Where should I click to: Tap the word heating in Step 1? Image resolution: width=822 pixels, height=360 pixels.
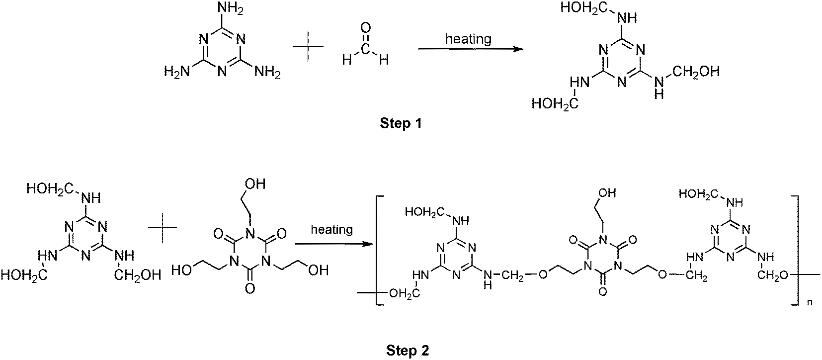[468, 38]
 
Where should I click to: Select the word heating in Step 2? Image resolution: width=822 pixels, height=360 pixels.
[331, 230]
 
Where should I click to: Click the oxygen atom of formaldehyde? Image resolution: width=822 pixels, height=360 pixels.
[366, 28]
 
